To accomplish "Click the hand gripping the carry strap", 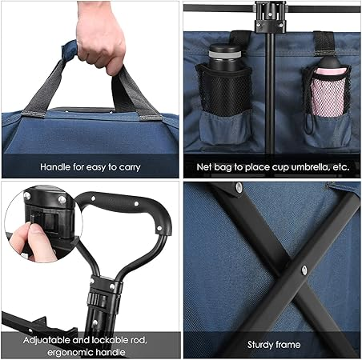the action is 101,38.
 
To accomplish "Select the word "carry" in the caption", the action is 130,168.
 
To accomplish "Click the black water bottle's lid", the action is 225,50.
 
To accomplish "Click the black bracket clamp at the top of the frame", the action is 270,18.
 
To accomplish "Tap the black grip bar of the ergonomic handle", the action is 126,208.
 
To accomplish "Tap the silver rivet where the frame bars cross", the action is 304,270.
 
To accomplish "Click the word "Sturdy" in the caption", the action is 259,345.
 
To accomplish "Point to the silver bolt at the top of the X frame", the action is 239,186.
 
